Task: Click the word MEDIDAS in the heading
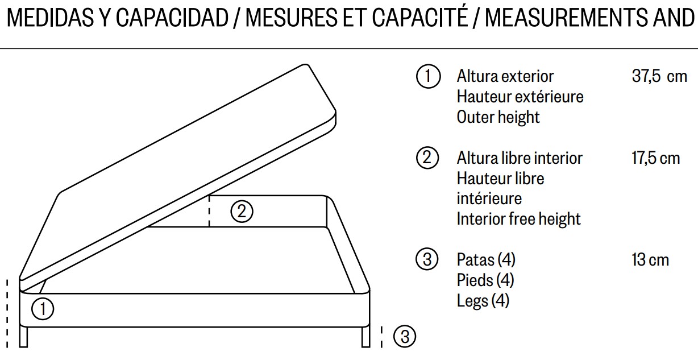point(50,18)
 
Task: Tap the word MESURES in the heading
point(292,18)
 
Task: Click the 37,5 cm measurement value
point(659,76)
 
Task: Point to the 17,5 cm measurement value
point(655,158)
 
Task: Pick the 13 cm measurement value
point(650,260)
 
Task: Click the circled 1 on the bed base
point(43,309)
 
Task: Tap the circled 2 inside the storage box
point(242,212)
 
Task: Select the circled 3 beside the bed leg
point(405,337)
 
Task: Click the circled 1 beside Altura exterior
point(428,76)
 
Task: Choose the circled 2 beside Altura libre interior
point(427,158)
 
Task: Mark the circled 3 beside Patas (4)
point(427,259)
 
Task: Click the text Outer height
point(498,117)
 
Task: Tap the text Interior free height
point(519,219)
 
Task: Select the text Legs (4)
point(483,301)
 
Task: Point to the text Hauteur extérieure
point(520,97)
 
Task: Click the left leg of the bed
point(24,336)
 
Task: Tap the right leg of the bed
point(366,337)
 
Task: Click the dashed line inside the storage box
point(209,211)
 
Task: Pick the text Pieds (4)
point(485,280)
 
